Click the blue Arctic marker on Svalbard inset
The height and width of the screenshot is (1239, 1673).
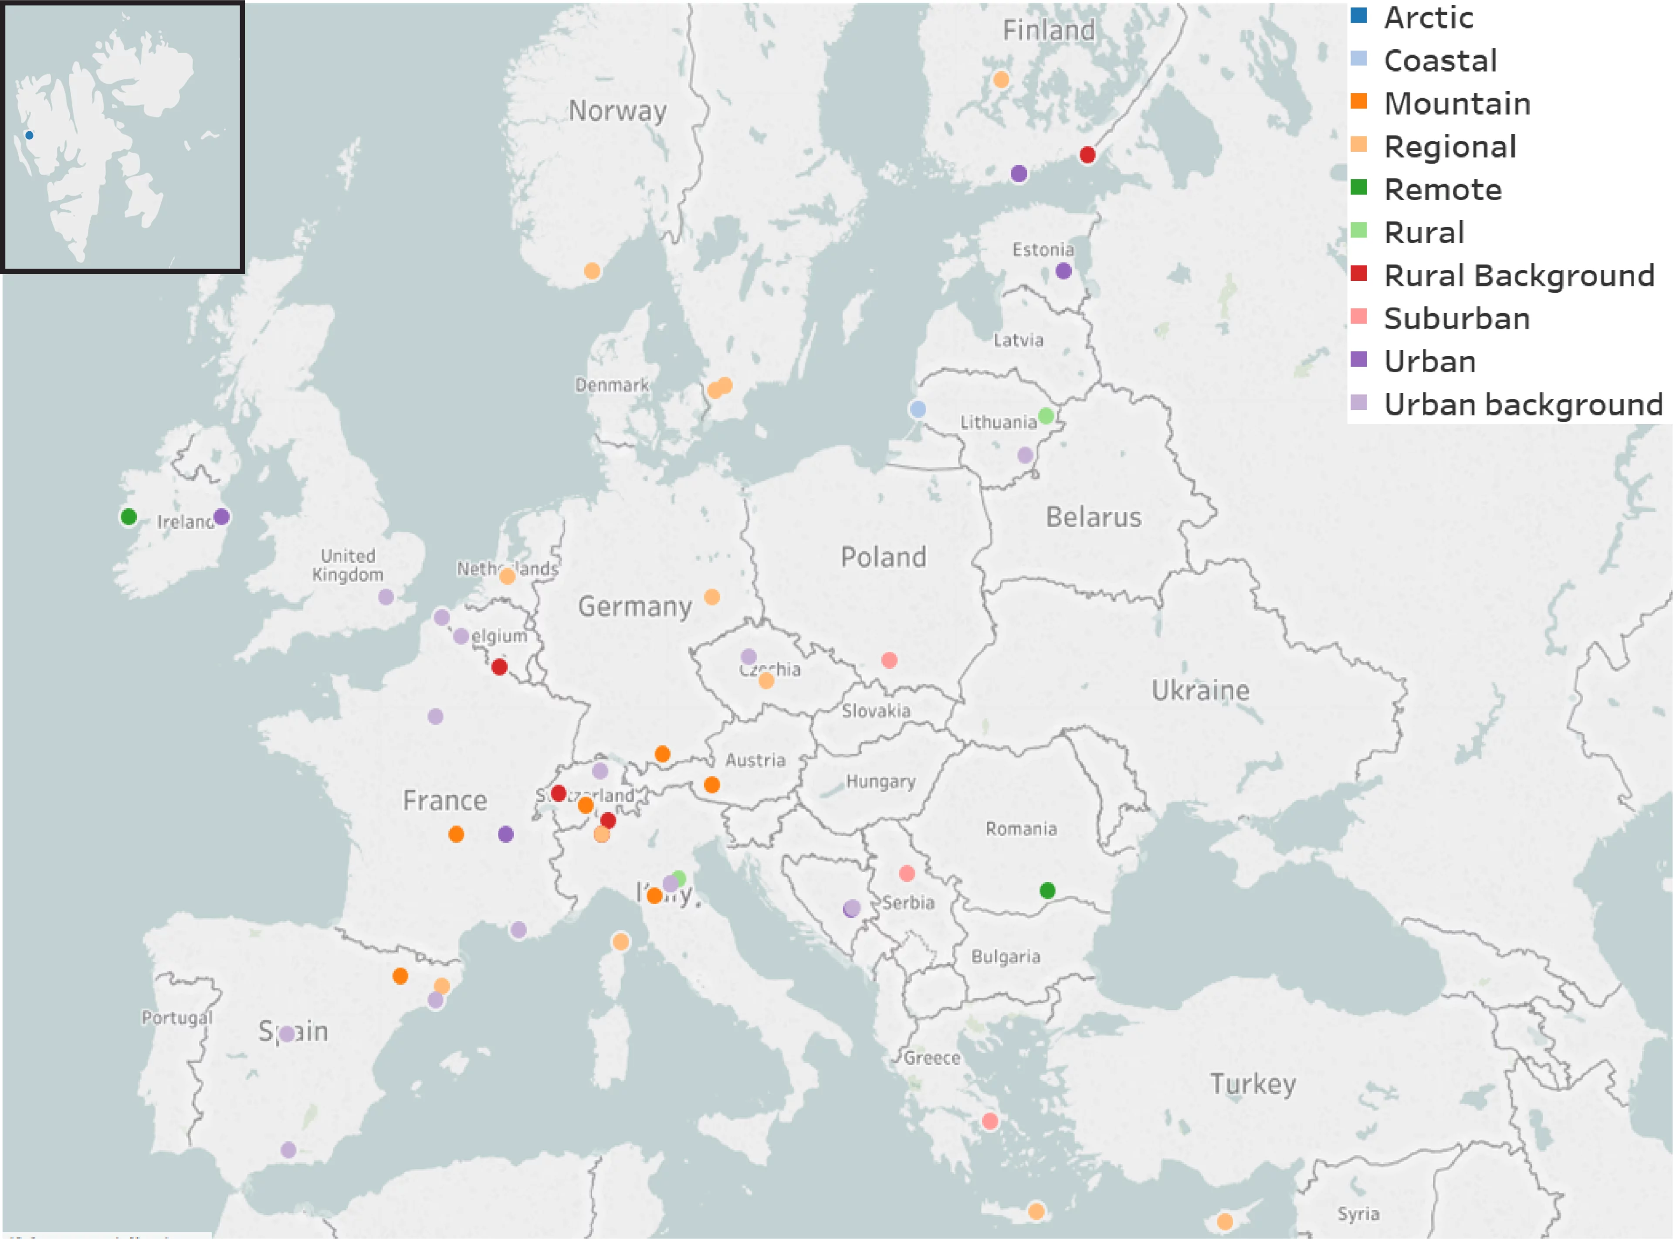coord(29,135)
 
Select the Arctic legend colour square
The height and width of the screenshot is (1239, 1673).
coord(1358,16)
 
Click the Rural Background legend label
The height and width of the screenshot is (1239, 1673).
coord(1519,275)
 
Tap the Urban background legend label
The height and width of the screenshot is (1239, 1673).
coord(1522,404)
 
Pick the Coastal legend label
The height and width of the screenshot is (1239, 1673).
coord(1440,60)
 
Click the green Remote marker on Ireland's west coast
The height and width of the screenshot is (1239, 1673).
coord(128,517)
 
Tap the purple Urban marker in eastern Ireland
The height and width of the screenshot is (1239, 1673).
coord(221,517)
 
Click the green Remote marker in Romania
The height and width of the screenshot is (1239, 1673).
coord(1047,890)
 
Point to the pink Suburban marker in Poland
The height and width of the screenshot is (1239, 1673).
coord(889,660)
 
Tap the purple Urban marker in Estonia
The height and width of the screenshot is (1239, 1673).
coord(1063,271)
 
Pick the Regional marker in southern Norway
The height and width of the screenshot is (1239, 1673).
coord(591,271)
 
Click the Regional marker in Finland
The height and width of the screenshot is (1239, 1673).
coord(1001,79)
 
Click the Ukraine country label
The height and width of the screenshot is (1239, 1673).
coord(1200,690)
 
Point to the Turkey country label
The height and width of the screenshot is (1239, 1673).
coord(1253,1084)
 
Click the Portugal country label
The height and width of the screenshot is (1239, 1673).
coord(177,1018)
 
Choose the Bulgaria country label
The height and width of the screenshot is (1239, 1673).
coord(1005,956)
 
